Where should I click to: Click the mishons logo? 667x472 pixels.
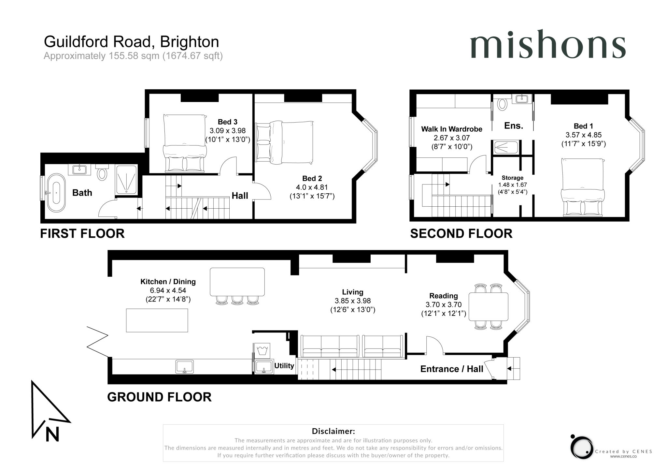coord(547,45)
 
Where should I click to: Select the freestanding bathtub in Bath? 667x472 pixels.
coord(56,193)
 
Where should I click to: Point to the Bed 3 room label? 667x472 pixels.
coord(227,122)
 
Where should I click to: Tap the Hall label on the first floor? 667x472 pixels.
coord(240,196)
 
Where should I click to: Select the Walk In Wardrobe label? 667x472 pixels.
coord(451,129)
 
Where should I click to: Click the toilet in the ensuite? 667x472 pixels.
coord(503,104)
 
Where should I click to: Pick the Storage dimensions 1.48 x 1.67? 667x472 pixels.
coord(512,185)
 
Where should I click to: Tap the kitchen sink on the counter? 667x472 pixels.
coord(185,367)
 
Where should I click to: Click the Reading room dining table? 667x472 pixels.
coord(488,307)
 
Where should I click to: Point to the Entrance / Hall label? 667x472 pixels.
coord(451,369)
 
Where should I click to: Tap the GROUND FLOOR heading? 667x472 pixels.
coord(159,397)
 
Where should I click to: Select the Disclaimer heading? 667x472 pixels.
coord(333,431)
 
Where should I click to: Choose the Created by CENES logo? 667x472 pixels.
coord(582,448)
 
